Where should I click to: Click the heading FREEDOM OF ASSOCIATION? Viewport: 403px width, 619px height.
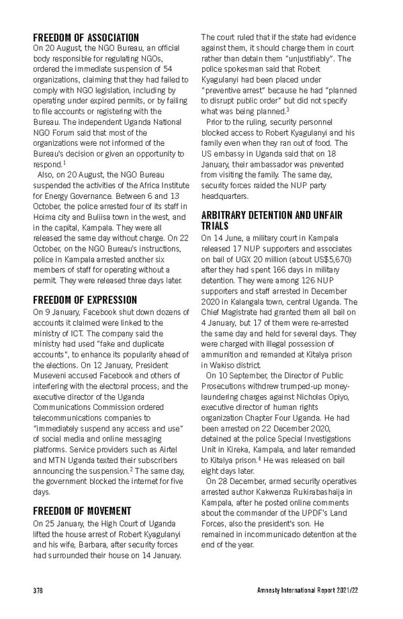tap(87, 38)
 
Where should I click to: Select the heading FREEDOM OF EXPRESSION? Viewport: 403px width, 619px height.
tap(85, 300)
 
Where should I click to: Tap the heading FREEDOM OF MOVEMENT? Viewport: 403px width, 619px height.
tap(82, 510)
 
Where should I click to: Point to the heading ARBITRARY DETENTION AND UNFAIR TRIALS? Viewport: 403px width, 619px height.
tap(271, 220)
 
